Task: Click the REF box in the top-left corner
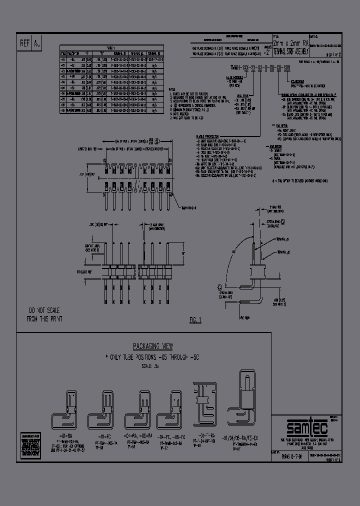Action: [x=25, y=44]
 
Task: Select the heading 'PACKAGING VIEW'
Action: [x=153, y=346]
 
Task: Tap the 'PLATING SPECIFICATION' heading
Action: [x=209, y=135]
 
